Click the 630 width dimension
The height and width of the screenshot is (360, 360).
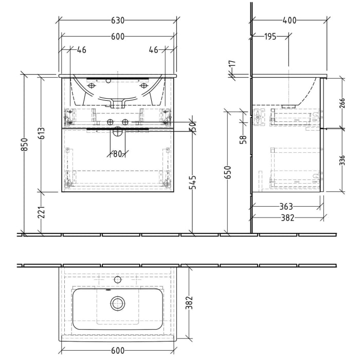[118, 21]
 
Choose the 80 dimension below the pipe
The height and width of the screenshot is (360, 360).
[117, 153]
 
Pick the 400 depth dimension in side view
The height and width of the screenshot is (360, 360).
[290, 21]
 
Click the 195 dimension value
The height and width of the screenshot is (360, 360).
[270, 37]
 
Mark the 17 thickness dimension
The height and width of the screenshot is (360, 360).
[232, 65]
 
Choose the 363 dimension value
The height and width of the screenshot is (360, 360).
[286, 207]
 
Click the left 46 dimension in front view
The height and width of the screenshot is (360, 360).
[81, 50]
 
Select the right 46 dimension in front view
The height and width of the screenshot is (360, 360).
[153, 50]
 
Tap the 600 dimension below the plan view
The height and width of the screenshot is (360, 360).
[118, 351]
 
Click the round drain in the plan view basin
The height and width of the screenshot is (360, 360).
[118, 303]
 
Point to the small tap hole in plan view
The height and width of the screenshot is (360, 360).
[118, 280]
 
